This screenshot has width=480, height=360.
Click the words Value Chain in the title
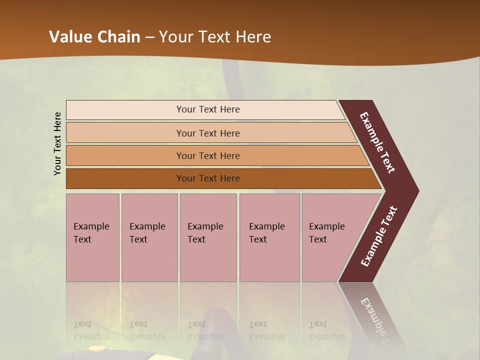[94, 37]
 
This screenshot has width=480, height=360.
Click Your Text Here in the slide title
[215, 37]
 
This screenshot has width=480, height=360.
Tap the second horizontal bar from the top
[208, 133]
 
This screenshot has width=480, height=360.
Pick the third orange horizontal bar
[208, 155]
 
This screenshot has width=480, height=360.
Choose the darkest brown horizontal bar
[208, 178]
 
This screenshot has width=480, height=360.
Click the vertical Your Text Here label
[57, 144]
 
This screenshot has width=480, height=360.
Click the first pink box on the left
[92, 237]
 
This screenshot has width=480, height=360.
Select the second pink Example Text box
[149, 237]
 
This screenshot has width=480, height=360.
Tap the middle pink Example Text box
[208, 237]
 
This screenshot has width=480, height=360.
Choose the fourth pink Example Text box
[269, 237]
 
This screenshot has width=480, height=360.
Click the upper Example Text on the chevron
[377, 142]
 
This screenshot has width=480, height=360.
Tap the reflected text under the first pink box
[91, 330]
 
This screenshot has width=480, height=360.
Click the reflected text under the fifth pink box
[326, 330]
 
